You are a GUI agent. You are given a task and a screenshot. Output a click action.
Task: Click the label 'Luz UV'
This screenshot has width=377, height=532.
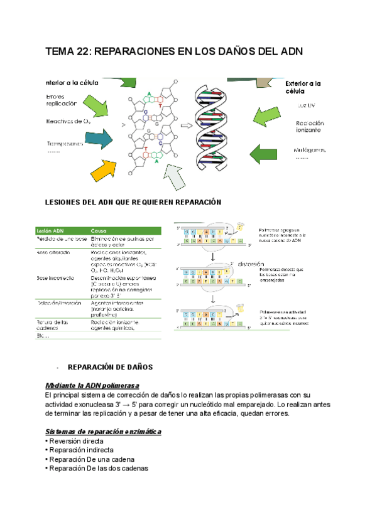(307, 105)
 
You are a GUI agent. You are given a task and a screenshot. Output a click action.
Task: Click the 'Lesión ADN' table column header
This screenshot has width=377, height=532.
(50, 230)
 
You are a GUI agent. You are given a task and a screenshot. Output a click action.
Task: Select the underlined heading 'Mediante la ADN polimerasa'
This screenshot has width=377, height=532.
(92, 385)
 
